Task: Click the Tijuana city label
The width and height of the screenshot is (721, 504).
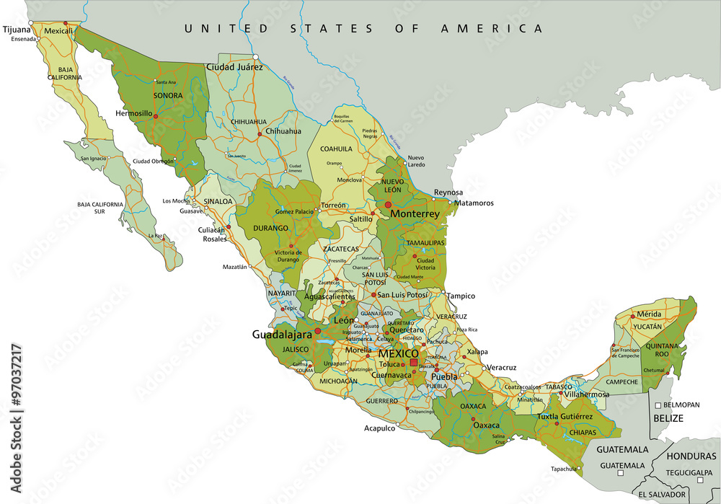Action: pos(17,30)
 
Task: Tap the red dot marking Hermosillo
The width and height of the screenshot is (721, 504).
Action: pos(155,115)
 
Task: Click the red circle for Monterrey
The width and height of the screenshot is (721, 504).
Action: pos(388,205)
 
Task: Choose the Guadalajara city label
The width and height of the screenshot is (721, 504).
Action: pos(281,335)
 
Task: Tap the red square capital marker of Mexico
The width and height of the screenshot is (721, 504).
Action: pos(413,363)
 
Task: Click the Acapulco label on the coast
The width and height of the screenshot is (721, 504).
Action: pos(379,428)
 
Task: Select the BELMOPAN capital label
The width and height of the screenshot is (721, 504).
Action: pos(681,405)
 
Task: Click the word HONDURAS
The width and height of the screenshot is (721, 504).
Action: pos(690,456)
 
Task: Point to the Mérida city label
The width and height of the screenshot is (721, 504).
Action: pos(648,314)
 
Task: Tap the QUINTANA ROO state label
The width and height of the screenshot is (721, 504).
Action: pos(666,350)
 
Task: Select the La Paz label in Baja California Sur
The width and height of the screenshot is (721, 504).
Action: pos(154,236)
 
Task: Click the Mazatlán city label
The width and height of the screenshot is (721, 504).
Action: pos(234,267)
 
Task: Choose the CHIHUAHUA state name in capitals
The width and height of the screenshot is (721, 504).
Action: pos(248,122)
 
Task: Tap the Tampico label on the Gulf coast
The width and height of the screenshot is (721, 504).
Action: pos(461,296)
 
